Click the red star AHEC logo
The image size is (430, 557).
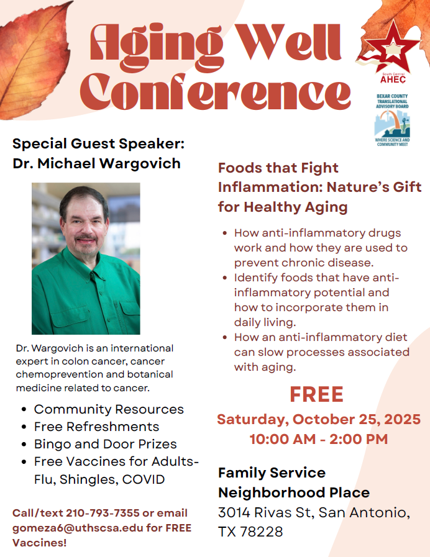click(x=390, y=52)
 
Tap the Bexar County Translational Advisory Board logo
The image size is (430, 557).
click(x=392, y=120)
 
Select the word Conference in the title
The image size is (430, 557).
click(x=216, y=93)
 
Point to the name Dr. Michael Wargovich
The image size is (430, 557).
click(x=97, y=163)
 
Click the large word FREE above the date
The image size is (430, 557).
click(x=317, y=394)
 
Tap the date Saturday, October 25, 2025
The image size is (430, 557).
click(x=319, y=419)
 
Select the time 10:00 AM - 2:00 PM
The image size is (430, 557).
click(x=319, y=439)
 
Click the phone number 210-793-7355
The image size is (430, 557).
click(x=103, y=513)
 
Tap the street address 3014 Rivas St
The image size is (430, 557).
click(x=266, y=512)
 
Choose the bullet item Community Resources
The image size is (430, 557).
click(x=109, y=409)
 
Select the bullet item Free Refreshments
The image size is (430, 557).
click(x=97, y=427)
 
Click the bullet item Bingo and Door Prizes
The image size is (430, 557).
click(x=106, y=444)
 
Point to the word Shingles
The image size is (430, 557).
click(x=89, y=479)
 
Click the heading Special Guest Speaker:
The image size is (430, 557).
click(x=98, y=143)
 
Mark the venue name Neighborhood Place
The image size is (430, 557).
click(x=294, y=492)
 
